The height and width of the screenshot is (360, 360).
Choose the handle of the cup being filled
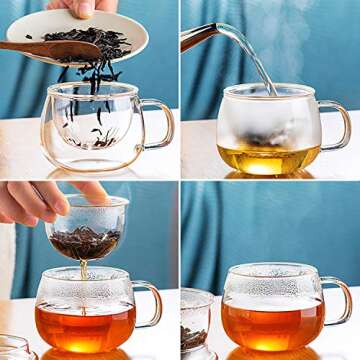pos(336,124)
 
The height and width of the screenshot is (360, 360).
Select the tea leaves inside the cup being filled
pos(264,137)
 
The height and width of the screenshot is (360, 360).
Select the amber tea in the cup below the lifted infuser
pos(84,325)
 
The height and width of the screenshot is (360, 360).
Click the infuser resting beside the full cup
pos(196,325)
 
